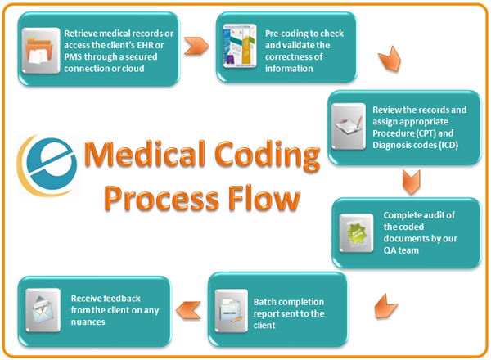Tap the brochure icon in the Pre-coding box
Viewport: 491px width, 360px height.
(237, 46)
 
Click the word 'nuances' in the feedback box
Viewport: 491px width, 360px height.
(90, 318)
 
